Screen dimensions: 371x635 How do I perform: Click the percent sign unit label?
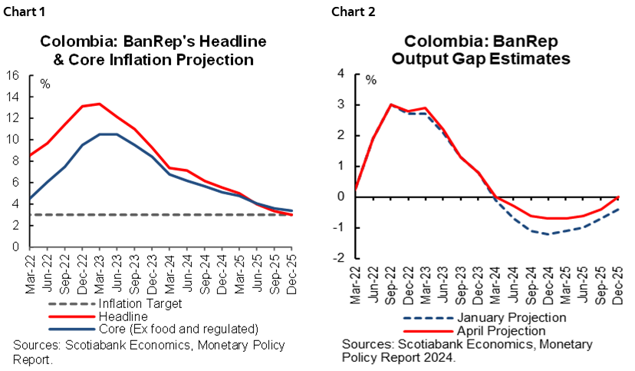(x=371, y=80)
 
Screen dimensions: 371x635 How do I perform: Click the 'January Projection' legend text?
(x=511, y=317)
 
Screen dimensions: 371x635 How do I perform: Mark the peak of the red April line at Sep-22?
(x=391, y=104)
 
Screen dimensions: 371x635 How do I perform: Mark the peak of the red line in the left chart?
(x=98, y=103)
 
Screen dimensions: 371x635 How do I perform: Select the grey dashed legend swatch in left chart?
(x=71, y=303)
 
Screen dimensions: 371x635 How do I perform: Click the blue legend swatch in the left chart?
(x=71, y=329)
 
